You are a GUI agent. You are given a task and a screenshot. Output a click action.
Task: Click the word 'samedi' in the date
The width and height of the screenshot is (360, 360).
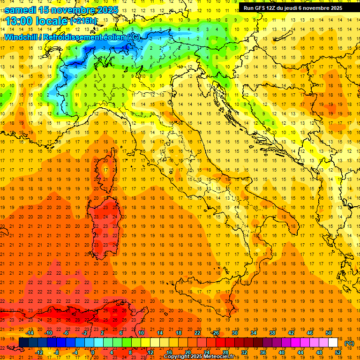pos(21,9)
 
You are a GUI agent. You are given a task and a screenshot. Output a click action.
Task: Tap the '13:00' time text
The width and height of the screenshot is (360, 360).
pos(18,21)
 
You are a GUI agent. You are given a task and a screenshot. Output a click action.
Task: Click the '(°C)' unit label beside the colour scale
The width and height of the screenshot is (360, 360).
pos(349,343)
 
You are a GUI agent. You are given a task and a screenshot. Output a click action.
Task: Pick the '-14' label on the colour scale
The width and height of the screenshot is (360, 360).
pos(30,333)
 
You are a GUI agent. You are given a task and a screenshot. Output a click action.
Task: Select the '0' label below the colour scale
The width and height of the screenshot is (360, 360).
pos(92,352)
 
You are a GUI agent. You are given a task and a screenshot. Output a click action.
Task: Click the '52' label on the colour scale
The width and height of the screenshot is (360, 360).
pos(338,352)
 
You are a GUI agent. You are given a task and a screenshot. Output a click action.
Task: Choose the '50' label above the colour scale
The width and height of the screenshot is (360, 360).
pos(329,333)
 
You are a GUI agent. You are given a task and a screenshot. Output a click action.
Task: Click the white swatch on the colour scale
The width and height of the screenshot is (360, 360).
pos(333,343)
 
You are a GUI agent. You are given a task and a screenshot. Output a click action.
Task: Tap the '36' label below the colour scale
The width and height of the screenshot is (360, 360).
pos(263,352)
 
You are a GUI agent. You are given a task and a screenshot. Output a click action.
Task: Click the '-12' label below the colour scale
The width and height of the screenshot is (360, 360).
pos(39,352)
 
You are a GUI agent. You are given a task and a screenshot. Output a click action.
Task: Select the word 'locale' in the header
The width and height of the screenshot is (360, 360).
pos(52,21)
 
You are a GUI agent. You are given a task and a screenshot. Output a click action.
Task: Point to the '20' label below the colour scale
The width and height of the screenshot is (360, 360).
pos(187,352)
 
